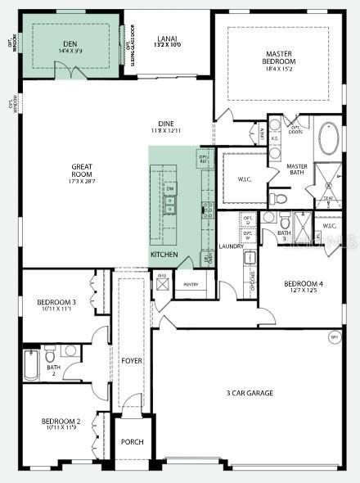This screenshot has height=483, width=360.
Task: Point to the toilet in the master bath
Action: pos(279,198)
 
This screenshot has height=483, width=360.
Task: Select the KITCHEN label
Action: pos(164,255)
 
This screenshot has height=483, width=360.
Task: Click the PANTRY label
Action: pos(191,284)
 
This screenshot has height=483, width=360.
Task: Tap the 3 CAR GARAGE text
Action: pos(250,393)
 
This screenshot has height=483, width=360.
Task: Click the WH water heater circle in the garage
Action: pos(334,336)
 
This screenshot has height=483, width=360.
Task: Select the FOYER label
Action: pos(132,360)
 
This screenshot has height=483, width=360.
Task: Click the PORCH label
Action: pos(133,442)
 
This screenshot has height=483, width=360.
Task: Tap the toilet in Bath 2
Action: pos(50,354)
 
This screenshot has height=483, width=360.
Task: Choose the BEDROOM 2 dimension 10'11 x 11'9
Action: pos(61,428)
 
